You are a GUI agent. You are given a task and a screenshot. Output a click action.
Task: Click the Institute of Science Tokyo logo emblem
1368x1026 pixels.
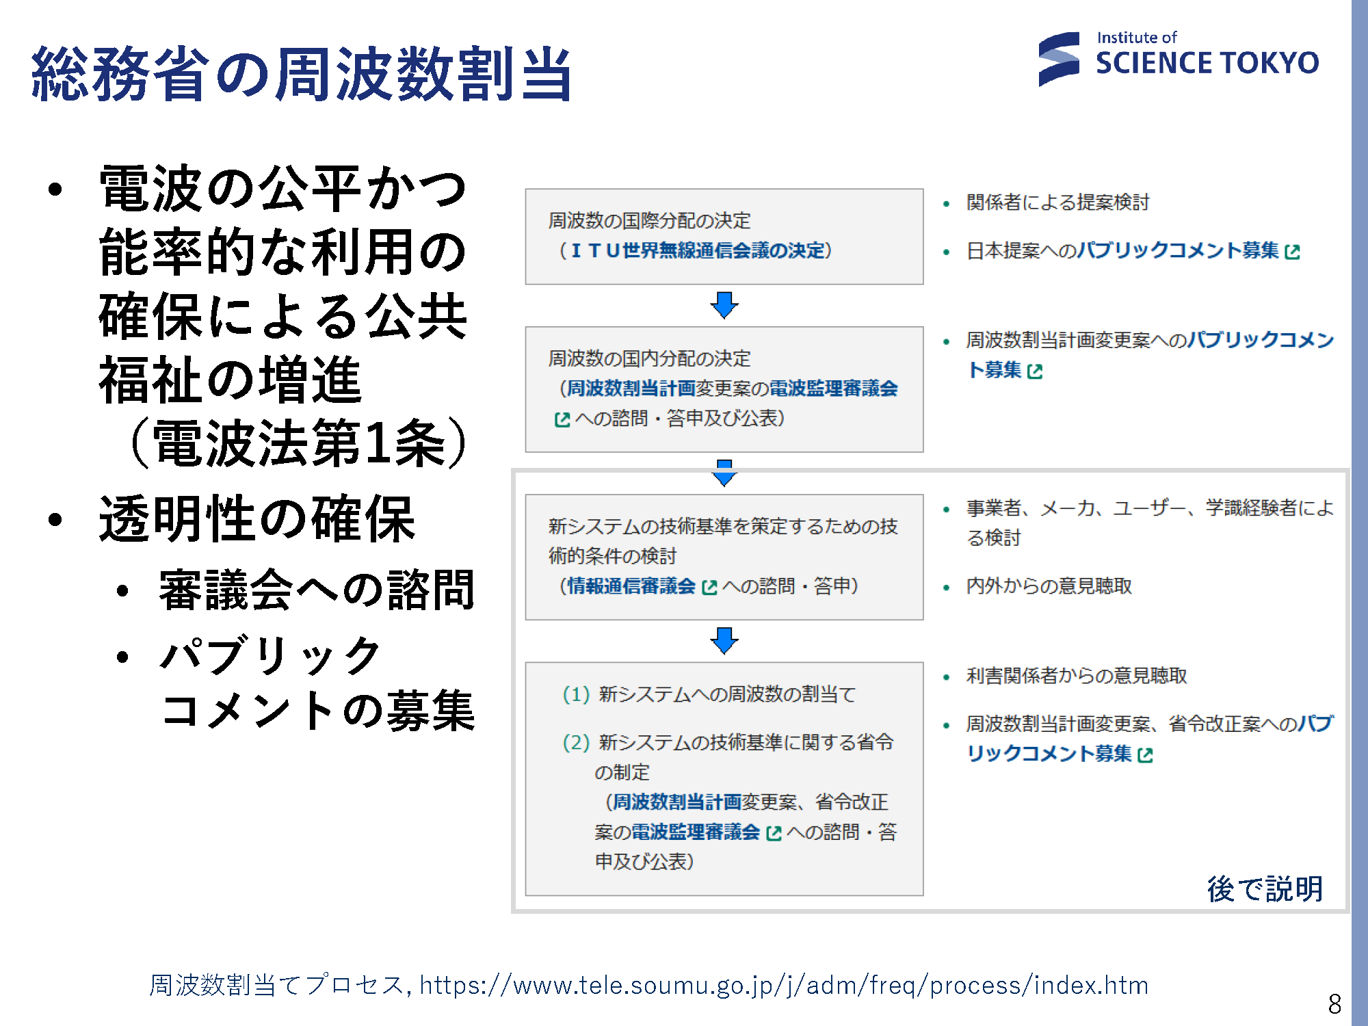pos(1059,60)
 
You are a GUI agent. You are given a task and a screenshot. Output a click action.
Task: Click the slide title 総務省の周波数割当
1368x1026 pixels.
pos(302,74)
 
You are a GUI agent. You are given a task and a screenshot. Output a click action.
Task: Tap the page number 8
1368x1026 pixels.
pos(1334,1003)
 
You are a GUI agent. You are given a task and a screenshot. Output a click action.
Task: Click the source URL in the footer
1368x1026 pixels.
pos(784,985)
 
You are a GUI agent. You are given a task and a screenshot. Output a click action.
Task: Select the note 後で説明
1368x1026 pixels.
pos(1265,889)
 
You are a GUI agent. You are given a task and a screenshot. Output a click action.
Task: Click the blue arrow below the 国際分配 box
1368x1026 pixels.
pos(724,305)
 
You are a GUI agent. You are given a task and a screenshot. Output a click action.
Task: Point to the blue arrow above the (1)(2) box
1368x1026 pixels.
pos(724,641)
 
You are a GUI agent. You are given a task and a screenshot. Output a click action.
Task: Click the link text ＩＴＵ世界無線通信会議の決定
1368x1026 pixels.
pos(697,250)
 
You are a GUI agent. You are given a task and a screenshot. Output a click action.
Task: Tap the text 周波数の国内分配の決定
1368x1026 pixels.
pos(649,358)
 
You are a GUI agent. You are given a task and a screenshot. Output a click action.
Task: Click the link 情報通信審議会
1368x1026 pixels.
pos(631,586)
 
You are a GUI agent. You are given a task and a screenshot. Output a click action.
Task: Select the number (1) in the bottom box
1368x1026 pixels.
pos(576,694)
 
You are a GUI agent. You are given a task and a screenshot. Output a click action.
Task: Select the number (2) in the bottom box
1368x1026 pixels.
pos(576,742)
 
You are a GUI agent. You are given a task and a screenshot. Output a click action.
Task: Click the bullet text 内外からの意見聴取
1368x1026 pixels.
pos(1049,586)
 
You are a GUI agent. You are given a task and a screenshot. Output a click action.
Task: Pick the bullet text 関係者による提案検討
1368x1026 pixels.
pos(1057,202)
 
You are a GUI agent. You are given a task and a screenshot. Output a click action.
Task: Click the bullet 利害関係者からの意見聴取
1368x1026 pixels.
pos(1076,676)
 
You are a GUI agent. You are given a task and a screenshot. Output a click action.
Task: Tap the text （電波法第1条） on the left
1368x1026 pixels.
pos(298,444)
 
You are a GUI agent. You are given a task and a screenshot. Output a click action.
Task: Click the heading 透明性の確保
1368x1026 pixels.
pos(257,519)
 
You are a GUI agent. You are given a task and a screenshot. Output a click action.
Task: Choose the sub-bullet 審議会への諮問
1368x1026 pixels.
pos(317,590)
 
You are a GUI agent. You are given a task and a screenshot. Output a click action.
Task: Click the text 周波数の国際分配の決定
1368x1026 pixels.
pos(649,220)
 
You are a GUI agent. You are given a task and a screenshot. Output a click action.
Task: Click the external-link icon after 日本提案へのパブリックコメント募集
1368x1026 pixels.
pos(1292,252)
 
